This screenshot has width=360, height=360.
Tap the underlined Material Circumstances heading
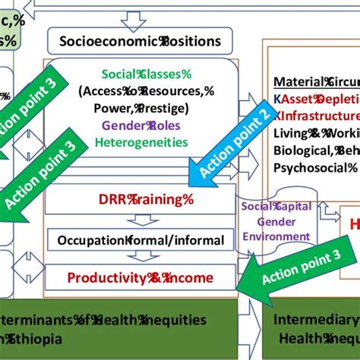coord(316,82)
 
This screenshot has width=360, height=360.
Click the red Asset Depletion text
coord(319,99)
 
